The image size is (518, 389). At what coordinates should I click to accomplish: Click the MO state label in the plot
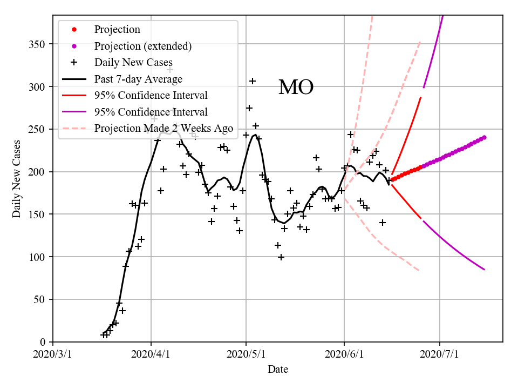pyautogui.click(x=296, y=88)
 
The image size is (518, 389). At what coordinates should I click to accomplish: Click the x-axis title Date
pyautogui.click(x=278, y=370)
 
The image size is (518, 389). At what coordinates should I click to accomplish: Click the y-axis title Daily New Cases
pyautogui.click(x=17, y=178)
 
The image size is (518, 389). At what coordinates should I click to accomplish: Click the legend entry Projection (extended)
pyautogui.click(x=142, y=46)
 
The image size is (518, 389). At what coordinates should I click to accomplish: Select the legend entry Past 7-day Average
pyautogui.click(x=138, y=79)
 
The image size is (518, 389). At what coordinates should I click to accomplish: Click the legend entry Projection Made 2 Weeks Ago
pyautogui.click(x=163, y=129)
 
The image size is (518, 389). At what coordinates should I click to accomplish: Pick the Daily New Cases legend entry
pyautogui.click(x=133, y=63)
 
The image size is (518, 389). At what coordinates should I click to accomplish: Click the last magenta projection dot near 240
pyautogui.click(x=485, y=137)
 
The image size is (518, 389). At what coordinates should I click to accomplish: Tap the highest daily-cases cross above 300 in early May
pyautogui.click(x=253, y=81)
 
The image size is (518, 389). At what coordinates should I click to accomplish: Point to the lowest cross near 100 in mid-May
pyautogui.click(x=281, y=257)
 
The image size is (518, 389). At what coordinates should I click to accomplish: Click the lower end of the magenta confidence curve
pyautogui.click(x=485, y=270)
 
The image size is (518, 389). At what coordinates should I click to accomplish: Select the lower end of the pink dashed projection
pyautogui.click(x=419, y=270)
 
